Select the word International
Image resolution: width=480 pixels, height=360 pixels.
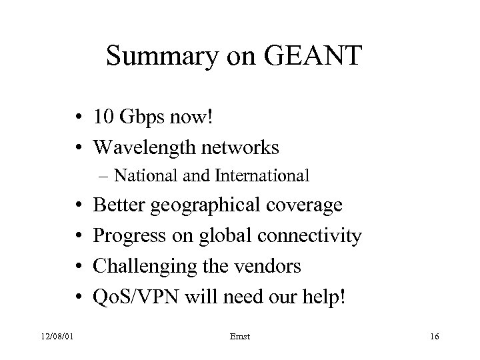tap(261, 177)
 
